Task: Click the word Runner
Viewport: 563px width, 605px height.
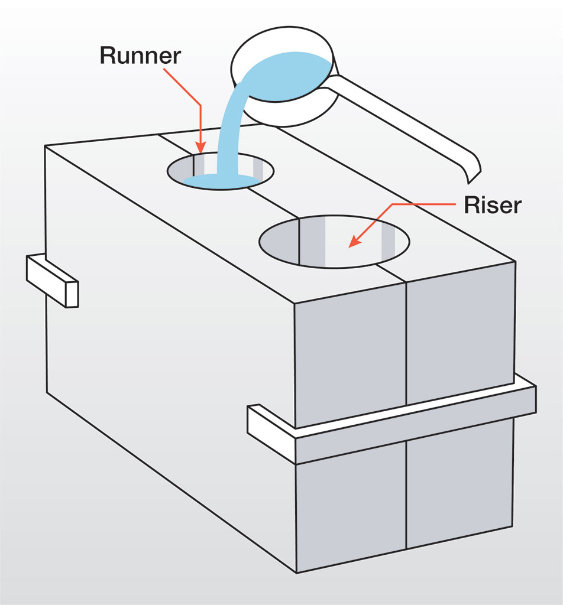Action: pos(140,55)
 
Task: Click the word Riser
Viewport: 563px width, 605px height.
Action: pos(492,204)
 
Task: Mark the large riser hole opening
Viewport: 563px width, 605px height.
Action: pos(335,241)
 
